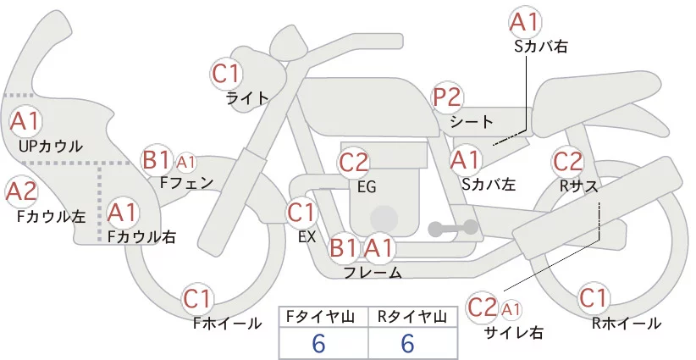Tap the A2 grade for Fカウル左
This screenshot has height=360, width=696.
pyautogui.click(x=21, y=191)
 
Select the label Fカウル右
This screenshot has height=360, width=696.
pyautogui.click(x=141, y=238)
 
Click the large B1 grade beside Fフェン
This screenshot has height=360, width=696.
pyautogui.click(x=157, y=158)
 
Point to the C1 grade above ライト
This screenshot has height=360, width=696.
pyautogui.click(x=226, y=74)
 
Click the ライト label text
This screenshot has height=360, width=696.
pyautogui.click(x=247, y=97)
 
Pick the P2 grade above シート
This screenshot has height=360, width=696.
pyautogui.click(x=448, y=97)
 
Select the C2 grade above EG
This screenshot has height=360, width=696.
pyautogui.click(x=354, y=161)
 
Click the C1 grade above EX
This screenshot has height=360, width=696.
pyautogui.click(x=302, y=211)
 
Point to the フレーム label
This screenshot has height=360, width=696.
pyautogui.click(x=373, y=272)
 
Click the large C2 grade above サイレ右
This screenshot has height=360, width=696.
pyautogui.click(x=483, y=306)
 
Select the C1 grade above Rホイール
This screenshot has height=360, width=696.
pyautogui.click(x=594, y=298)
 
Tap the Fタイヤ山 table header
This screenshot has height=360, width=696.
pyautogui.click(x=324, y=317)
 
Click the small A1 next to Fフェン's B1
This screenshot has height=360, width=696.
pyautogui.click(x=186, y=161)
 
